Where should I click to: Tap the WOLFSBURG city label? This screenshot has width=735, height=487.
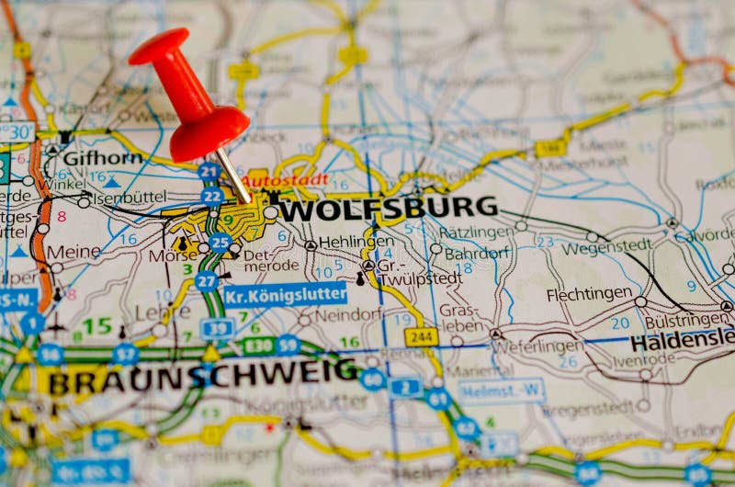[387, 209]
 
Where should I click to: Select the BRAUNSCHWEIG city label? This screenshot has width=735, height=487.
[203, 374]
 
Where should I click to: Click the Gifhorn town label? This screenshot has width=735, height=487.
[102, 158]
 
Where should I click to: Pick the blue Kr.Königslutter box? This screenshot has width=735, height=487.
[286, 295]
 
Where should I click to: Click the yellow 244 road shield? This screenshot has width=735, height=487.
[421, 337]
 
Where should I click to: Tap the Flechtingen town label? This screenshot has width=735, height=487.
[588, 295]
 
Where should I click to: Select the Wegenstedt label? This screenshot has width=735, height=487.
[606, 245]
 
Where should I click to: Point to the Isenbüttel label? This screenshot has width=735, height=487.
[129, 196]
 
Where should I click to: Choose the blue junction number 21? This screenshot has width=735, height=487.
[209, 171]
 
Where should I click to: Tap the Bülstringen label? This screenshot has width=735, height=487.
[686, 321]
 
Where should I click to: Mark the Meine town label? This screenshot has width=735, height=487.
[73, 251]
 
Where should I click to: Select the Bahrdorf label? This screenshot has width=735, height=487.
[475, 253]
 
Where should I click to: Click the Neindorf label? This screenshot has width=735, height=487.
[347, 314]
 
